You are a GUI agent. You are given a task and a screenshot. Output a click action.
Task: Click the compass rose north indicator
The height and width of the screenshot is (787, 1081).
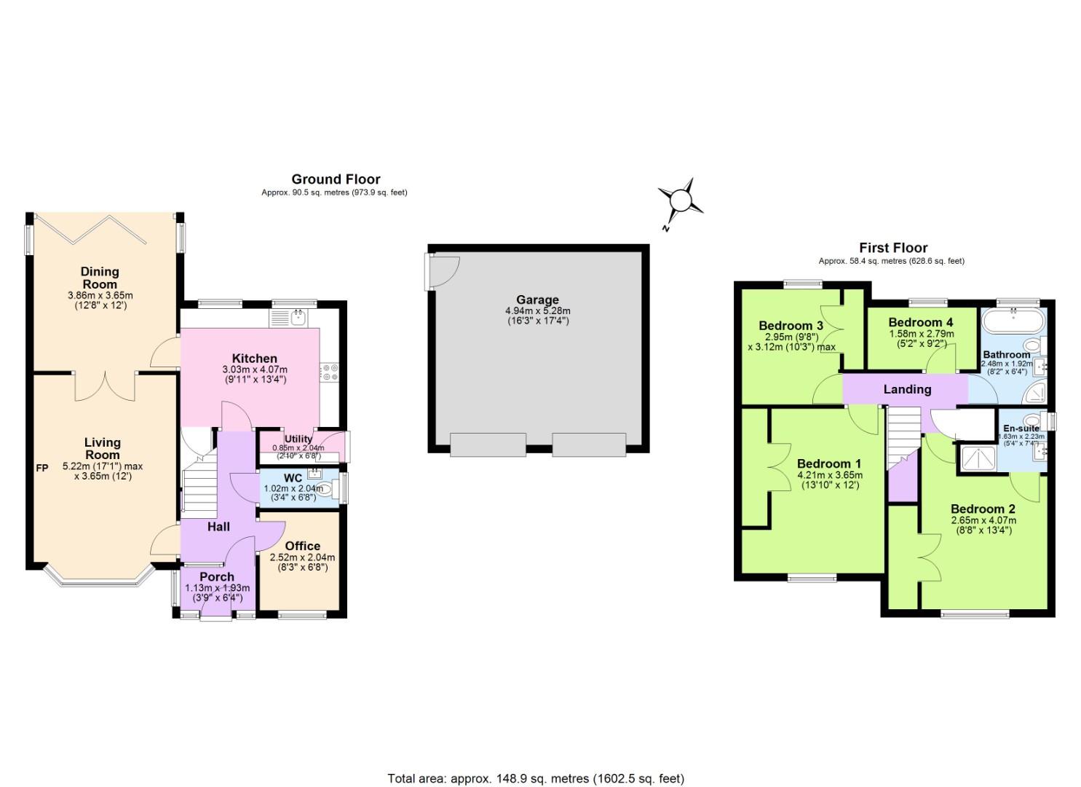point(680,200)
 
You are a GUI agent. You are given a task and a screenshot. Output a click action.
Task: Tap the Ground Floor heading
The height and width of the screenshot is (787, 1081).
point(336,179)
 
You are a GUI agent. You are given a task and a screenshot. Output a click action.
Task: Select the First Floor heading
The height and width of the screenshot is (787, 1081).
point(892,248)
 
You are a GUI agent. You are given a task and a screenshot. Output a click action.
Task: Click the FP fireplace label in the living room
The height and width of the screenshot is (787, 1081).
point(42,468)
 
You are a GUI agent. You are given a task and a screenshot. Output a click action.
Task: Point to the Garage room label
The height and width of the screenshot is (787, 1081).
point(537,299)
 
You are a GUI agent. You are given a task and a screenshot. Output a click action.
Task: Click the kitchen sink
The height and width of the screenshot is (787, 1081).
point(297,317)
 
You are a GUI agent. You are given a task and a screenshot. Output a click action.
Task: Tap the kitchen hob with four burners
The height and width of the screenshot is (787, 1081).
point(328,372)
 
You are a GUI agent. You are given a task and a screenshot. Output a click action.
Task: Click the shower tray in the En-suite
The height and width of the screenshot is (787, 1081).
point(974,458)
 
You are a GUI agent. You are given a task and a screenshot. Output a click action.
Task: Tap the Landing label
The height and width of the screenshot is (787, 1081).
point(907,389)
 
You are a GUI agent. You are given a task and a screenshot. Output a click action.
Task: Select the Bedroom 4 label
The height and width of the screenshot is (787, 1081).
point(920,322)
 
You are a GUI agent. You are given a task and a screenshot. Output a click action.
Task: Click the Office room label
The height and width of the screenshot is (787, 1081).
point(302,546)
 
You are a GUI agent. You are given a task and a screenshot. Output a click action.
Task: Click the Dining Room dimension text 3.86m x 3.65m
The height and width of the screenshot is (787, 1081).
point(100,296)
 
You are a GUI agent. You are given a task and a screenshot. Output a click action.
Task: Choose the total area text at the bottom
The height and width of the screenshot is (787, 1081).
point(536,778)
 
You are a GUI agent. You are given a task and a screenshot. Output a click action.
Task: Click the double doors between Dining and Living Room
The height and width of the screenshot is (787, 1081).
point(105,386)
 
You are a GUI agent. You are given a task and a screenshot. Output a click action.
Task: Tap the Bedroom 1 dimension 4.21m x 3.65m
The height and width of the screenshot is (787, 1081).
point(829,475)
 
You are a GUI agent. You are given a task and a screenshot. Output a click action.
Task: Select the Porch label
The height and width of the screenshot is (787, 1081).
point(217,576)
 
